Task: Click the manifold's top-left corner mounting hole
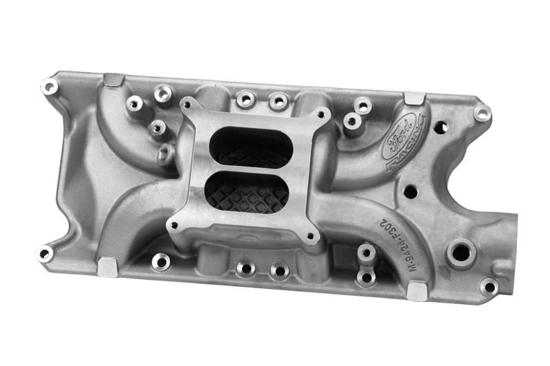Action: point(49,87)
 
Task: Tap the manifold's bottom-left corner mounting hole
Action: point(45,253)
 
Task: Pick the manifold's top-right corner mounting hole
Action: point(482,114)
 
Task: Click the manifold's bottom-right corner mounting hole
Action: point(489,286)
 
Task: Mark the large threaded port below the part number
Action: point(461,252)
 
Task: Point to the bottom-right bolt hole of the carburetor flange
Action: point(311,237)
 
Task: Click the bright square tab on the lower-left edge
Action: point(107,267)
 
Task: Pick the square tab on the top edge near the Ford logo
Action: point(414,99)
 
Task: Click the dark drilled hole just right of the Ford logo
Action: point(440,127)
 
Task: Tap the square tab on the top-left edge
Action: point(114,80)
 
